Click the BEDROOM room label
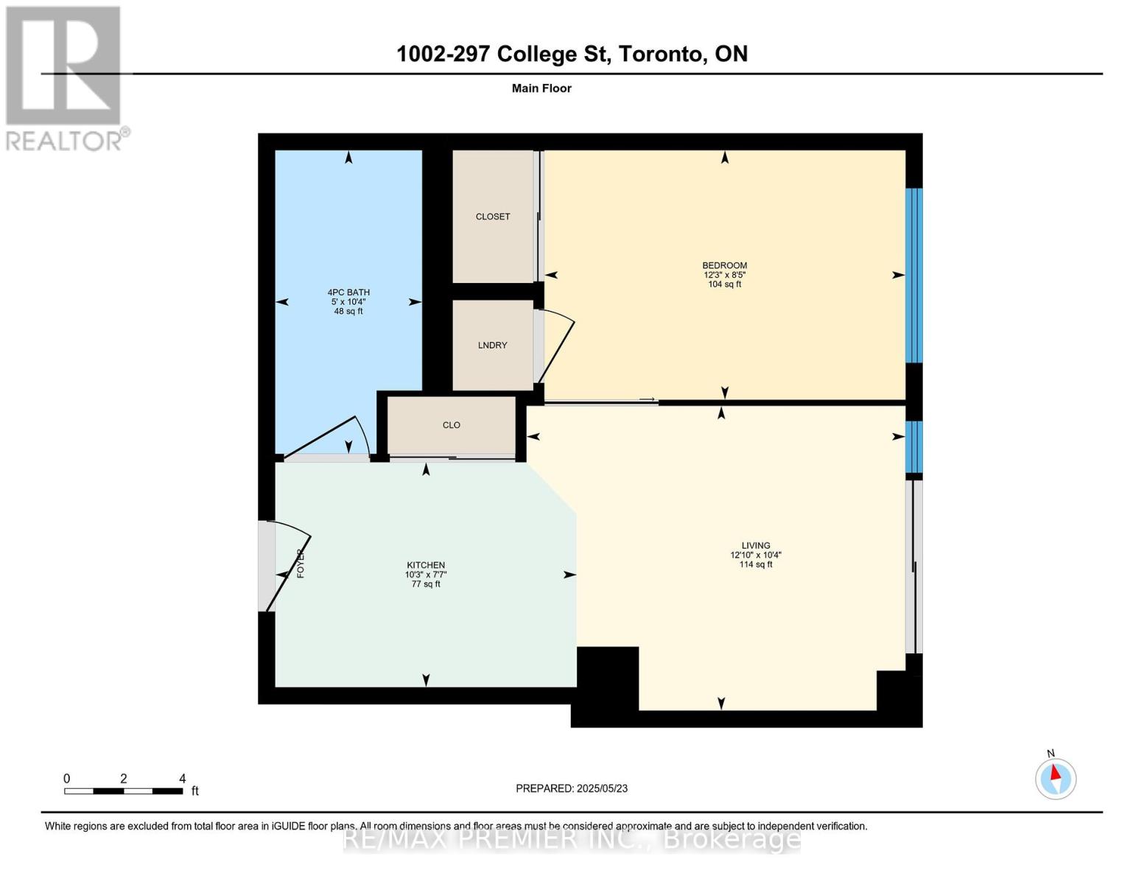724,265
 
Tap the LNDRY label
492,345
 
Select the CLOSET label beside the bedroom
493,217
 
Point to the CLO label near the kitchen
451,425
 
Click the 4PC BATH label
348,292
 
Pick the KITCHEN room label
426,565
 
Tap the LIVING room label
756,545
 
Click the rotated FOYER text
301,564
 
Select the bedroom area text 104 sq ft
724,284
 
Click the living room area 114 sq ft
756,564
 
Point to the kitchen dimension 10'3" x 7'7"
426,575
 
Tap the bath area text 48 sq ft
348,311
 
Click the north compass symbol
1056,778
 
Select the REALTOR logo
66,79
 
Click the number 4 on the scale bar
182,778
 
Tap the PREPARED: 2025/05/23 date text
572,788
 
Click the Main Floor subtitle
541,88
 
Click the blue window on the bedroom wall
914,276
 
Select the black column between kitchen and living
608,678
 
